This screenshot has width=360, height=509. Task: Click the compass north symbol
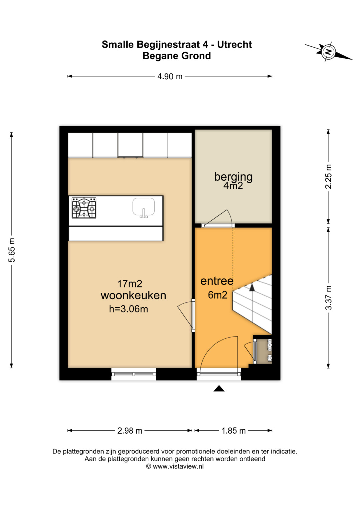328,52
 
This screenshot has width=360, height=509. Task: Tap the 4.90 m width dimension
170,76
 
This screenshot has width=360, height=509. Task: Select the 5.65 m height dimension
12,250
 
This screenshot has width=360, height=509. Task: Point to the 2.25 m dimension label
328,176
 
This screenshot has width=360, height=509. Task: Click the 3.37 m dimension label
328,297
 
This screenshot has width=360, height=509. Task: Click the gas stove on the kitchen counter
84,208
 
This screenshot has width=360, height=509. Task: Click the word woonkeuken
133,295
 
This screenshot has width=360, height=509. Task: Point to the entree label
217,281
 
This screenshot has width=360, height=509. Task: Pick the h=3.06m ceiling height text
129,309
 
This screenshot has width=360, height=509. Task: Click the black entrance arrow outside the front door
219,388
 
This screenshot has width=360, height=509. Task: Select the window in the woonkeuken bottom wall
134,374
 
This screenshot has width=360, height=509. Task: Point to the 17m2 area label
130,284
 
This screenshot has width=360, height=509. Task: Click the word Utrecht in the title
234,45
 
